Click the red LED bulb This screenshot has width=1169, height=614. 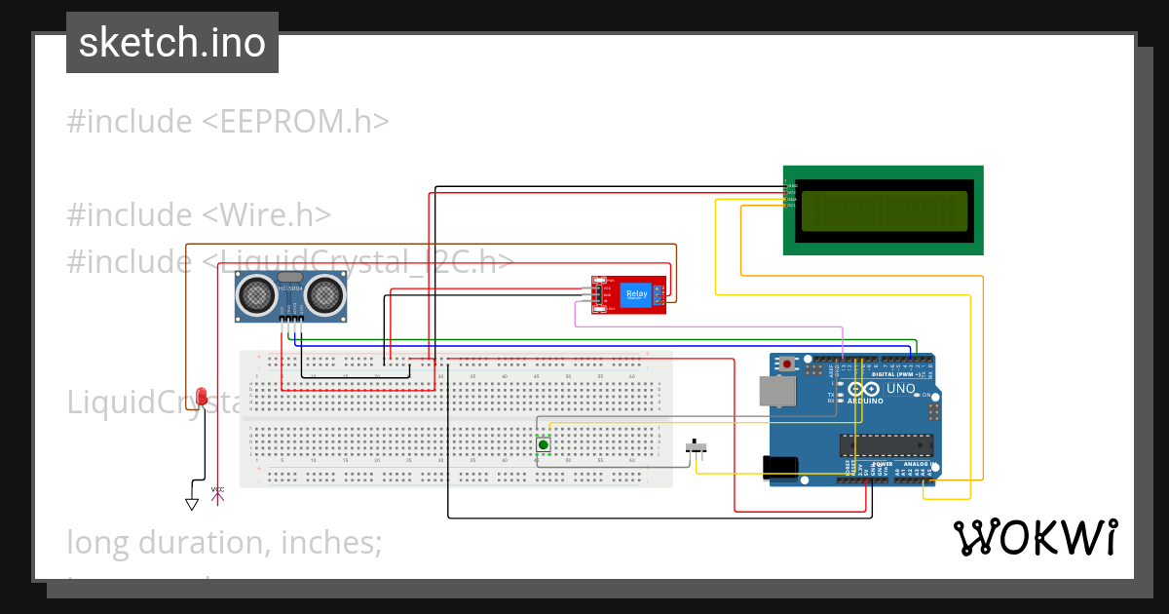click(x=202, y=396)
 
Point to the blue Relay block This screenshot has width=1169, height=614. click(x=636, y=294)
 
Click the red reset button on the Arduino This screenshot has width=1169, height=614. click(x=787, y=365)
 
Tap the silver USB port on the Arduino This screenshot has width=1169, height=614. click(x=777, y=391)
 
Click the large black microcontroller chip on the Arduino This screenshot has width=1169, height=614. click(x=886, y=445)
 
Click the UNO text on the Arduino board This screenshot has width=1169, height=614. click(x=900, y=388)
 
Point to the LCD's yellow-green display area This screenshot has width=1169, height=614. click(x=885, y=211)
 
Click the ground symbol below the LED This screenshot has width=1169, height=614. click(x=192, y=504)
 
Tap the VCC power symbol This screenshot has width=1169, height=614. click(x=218, y=494)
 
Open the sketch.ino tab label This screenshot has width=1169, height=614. click(x=172, y=43)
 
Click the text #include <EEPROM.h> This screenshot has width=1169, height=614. click(x=228, y=122)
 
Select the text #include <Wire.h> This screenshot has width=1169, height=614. click(x=200, y=214)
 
